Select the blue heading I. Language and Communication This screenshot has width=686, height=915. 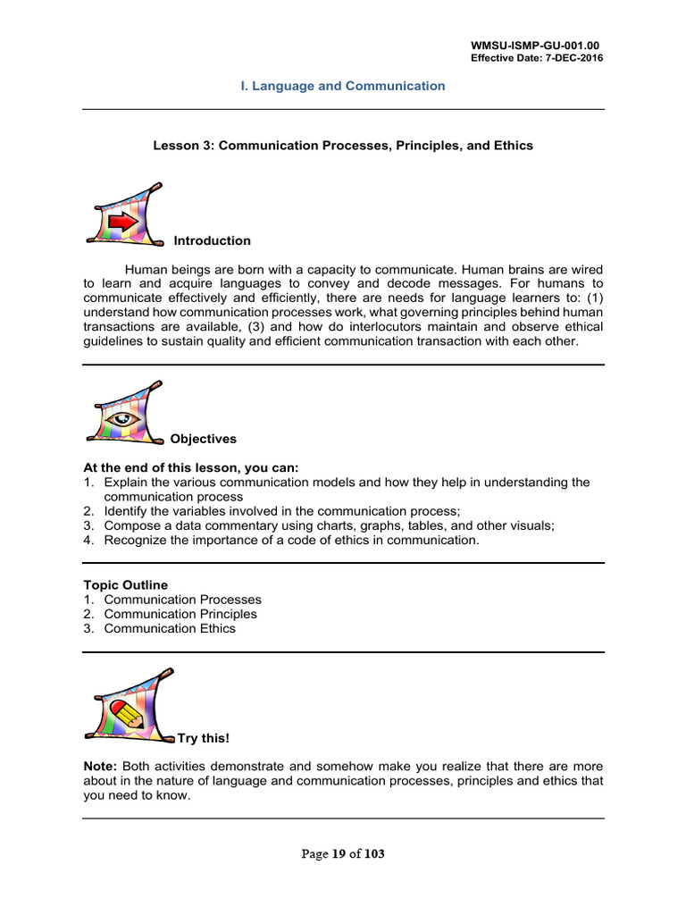click(343, 87)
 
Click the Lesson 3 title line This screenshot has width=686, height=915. click(343, 146)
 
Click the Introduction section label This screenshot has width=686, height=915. click(212, 241)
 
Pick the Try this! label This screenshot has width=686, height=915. click(204, 738)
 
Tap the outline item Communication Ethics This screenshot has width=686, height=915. click(170, 628)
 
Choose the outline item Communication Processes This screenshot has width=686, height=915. click(182, 600)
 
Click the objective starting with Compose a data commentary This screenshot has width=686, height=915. click(329, 526)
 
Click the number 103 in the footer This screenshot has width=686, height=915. click(374, 854)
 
